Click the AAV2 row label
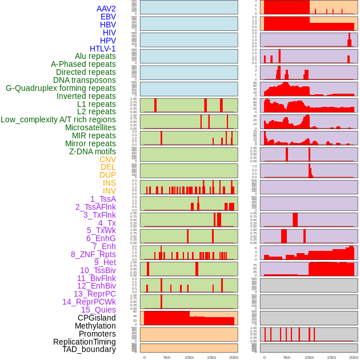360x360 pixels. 106,9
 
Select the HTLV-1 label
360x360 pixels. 103,49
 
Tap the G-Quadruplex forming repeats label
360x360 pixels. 61,88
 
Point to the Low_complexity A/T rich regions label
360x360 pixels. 58,119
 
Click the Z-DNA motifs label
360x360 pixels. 93,151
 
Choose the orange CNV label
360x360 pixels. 107,159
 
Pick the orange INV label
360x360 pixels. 109,191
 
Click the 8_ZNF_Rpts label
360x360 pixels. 93,254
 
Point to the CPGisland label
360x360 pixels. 97,318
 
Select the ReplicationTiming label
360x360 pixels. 84,342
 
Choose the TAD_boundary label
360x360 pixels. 89,349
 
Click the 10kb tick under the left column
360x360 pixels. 189,357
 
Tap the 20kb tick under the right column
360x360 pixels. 354,357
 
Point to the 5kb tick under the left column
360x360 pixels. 167,357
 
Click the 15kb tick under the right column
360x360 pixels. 331,357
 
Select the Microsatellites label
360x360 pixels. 90,127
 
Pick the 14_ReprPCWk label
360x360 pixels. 89,302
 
